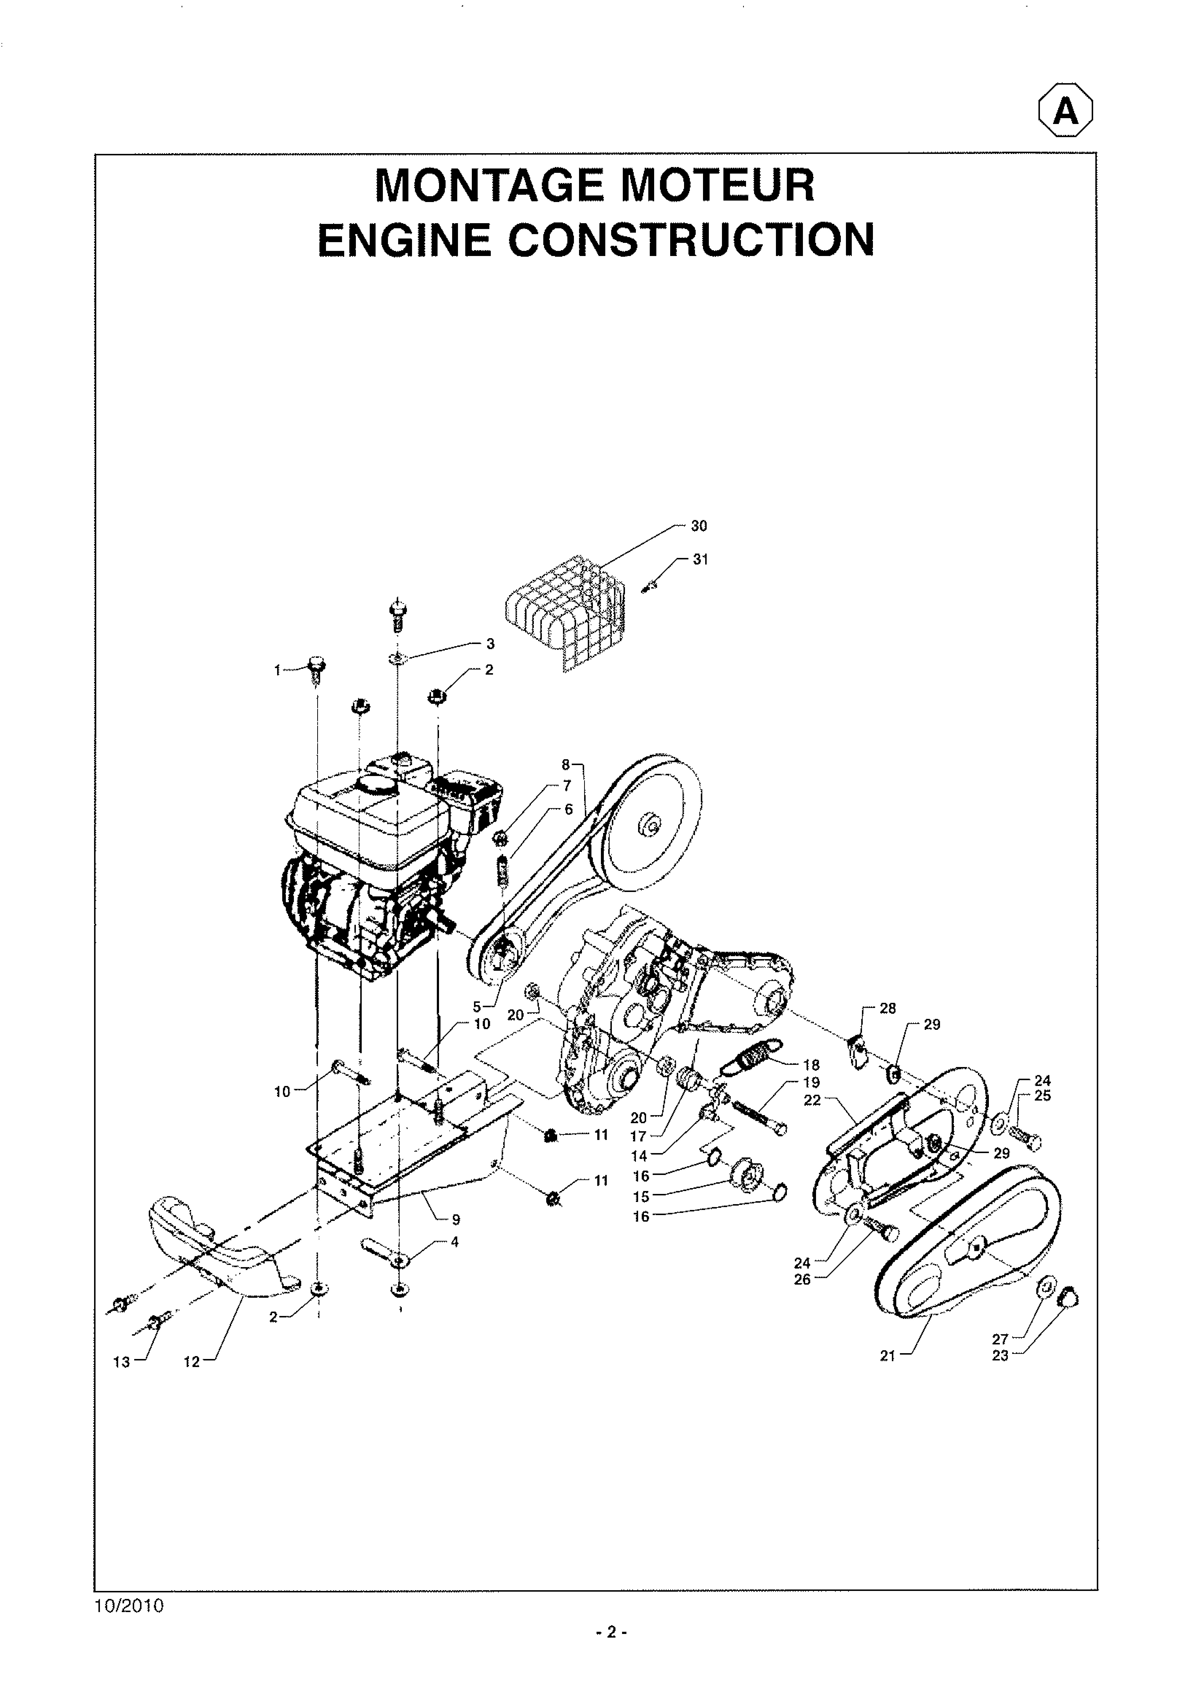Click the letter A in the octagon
[1066, 112]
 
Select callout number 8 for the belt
[565, 764]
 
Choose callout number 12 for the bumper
[192, 1362]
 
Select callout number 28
[888, 1008]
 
